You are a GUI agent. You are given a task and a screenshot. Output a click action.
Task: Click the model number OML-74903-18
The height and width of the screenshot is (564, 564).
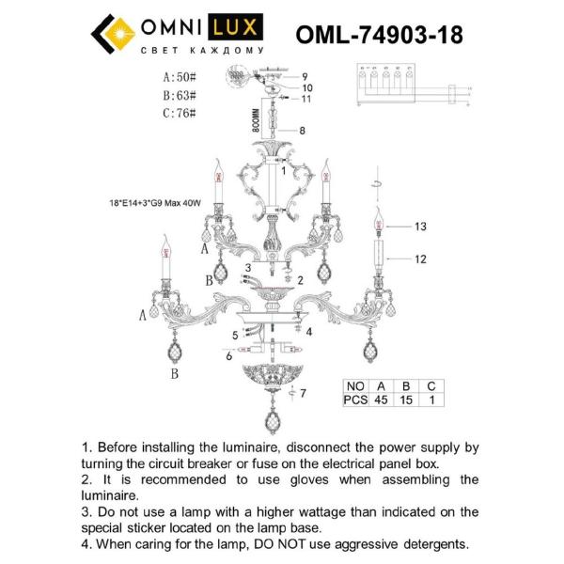(x=379, y=35)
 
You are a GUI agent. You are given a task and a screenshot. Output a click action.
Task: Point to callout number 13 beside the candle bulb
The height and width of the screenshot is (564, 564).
(x=420, y=227)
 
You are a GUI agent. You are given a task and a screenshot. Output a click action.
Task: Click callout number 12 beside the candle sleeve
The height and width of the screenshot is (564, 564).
(x=420, y=258)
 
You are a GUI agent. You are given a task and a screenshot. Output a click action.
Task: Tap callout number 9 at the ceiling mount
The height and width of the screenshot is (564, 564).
(x=305, y=76)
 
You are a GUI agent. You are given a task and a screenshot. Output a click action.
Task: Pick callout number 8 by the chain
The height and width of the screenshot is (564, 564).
(x=302, y=131)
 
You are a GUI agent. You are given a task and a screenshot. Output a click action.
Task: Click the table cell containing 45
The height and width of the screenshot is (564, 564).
(x=382, y=399)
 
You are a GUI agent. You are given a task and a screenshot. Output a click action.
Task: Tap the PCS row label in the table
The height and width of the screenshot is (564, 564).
(x=354, y=399)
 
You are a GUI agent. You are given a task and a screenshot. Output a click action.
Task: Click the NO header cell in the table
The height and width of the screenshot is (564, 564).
(x=354, y=385)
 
